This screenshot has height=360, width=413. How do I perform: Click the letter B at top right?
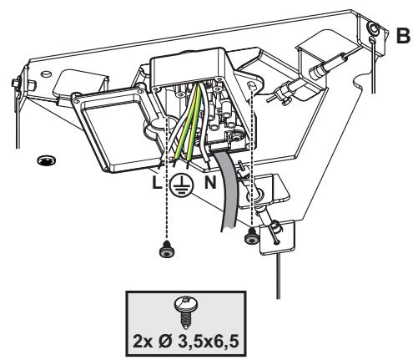pyautogui.click(x=403, y=36)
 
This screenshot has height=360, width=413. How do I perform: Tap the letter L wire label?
pyautogui.click(x=157, y=183)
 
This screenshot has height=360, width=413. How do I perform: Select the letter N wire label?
pyautogui.click(x=210, y=183)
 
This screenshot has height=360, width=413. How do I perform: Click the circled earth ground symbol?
pyautogui.click(x=181, y=185)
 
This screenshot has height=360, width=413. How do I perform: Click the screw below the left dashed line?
pyautogui.click(x=167, y=249)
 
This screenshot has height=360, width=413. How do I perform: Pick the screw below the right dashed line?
pyautogui.click(x=251, y=236)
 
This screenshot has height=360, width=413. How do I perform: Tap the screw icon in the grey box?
pyautogui.click(x=185, y=312)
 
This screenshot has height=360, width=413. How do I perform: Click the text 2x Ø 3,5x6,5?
pyautogui.click(x=186, y=341)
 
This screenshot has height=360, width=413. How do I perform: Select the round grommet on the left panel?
pyautogui.click(x=46, y=160)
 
